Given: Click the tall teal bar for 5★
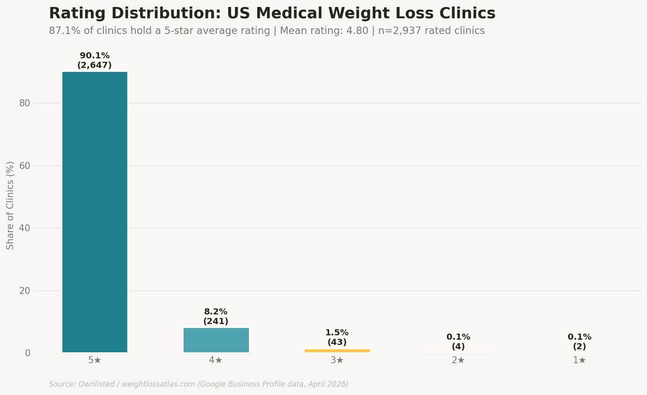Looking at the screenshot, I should (95, 212).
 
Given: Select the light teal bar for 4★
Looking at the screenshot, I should (216, 340).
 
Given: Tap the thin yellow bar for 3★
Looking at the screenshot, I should (337, 351).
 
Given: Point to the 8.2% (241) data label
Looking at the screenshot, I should (216, 317).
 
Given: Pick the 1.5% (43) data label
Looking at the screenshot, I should (337, 338).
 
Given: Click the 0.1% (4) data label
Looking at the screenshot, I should (458, 342).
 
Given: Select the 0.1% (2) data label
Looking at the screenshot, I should (579, 342).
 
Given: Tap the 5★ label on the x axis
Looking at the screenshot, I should (95, 361).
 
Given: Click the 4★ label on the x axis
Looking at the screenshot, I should (216, 361).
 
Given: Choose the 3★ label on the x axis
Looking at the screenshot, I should (337, 361).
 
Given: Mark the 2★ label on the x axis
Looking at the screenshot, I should (458, 361).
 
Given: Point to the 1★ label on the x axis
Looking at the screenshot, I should (579, 361).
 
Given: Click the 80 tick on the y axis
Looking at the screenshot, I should (24, 103).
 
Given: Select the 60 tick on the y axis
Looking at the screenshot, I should (24, 166).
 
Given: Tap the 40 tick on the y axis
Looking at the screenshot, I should (24, 228).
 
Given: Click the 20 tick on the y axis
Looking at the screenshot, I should (24, 291).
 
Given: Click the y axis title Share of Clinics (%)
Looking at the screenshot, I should (10, 205).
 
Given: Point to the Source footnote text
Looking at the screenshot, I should (198, 385).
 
